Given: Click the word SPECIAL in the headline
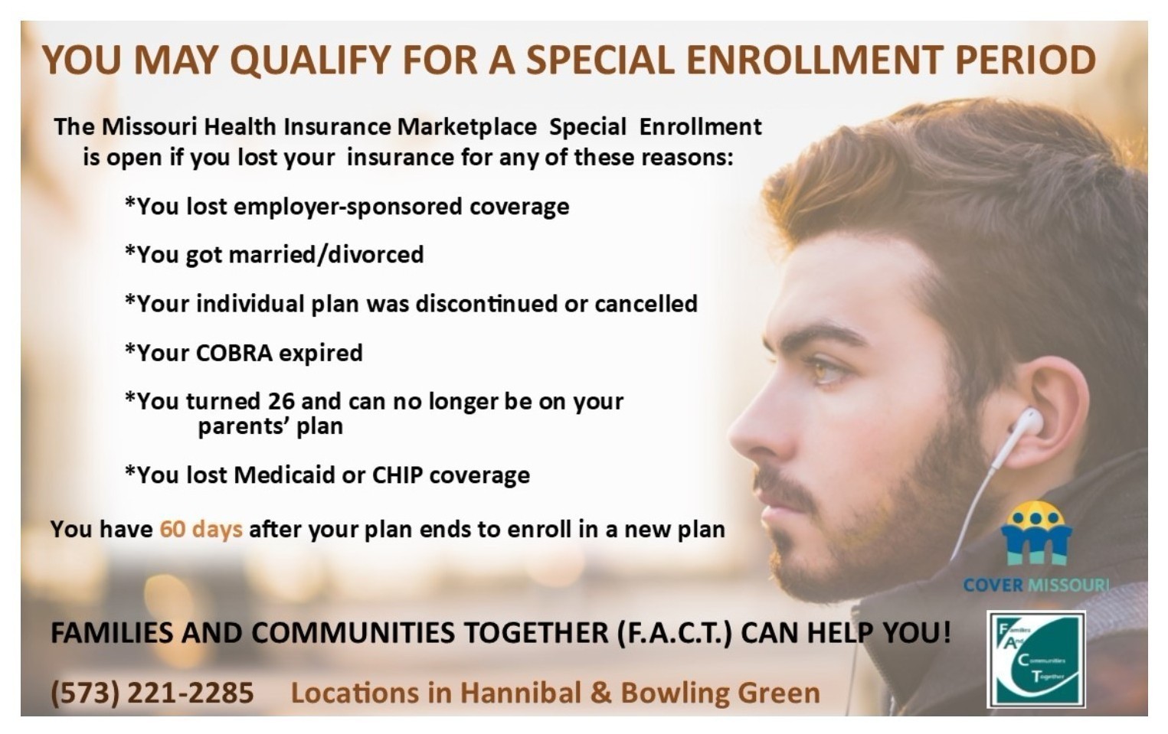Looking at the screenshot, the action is pos(600,60).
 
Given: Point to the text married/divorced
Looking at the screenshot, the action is pos(326,255).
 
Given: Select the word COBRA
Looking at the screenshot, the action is pos(234,353).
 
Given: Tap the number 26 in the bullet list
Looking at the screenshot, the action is pos(282,401).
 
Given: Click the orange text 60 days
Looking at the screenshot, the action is pos(201,529).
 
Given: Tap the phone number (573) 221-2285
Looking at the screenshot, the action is pos(152,693).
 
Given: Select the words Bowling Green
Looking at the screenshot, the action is pos(721,694).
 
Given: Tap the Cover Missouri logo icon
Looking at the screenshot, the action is pos(1036,533).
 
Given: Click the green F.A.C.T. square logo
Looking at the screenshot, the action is pos(1036,659).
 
